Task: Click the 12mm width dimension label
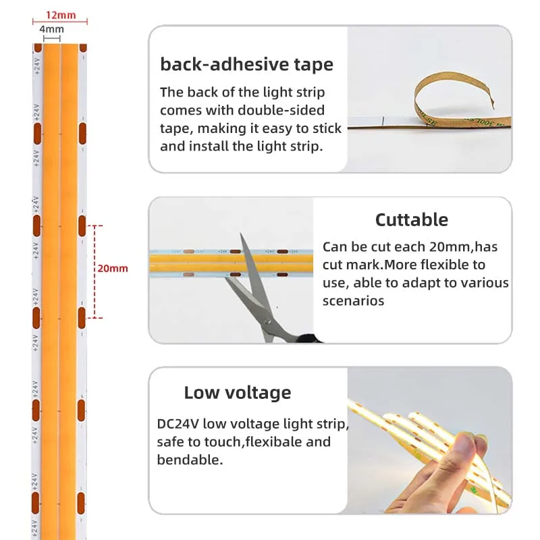[x=61, y=15]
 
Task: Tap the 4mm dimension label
[x=52, y=29]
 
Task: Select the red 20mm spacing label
[x=113, y=268]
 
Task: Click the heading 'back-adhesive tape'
[x=246, y=64]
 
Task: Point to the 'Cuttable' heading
[x=412, y=220]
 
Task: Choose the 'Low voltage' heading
[x=238, y=393]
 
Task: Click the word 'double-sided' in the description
[x=281, y=110]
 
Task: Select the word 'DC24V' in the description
[x=178, y=424]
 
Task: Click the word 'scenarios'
[x=353, y=300]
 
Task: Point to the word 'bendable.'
[x=190, y=460]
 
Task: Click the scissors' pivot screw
[x=267, y=322]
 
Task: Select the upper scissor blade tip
[x=241, y=234]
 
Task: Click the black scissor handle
[x=308, y=338]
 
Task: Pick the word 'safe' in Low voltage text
[x=170, y=442]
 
